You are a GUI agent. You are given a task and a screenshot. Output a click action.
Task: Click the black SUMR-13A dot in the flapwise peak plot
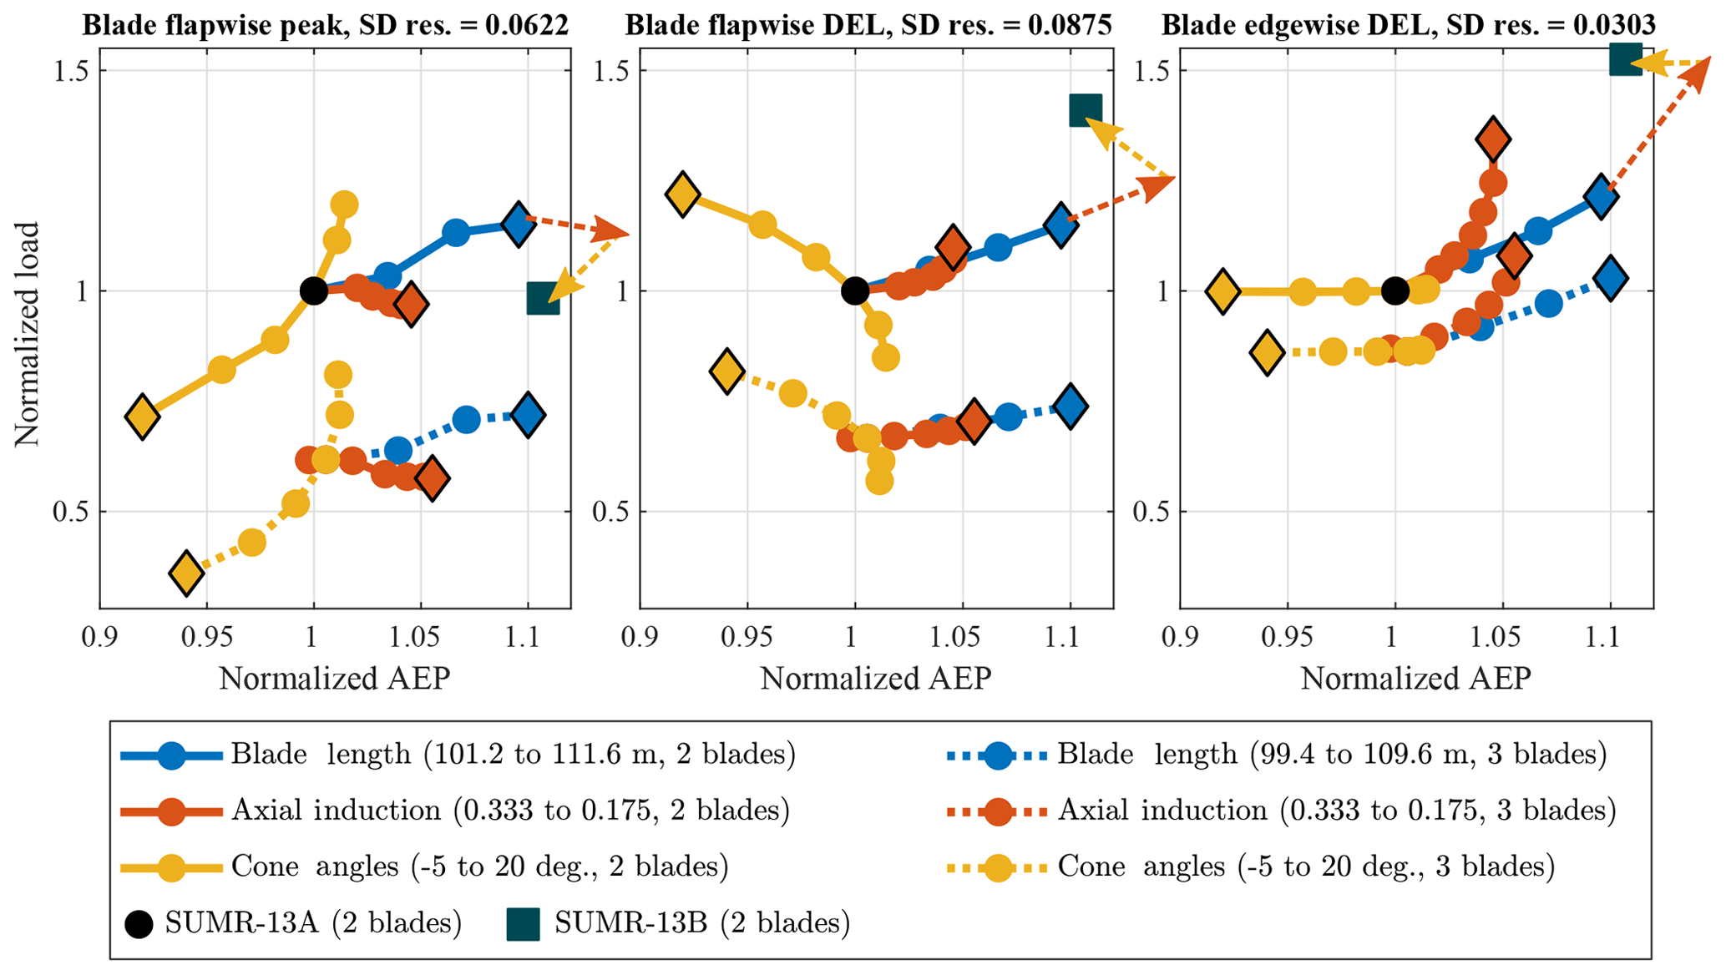click(313, 291)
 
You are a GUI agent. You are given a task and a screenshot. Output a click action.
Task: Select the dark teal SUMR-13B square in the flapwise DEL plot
click(1085, 110)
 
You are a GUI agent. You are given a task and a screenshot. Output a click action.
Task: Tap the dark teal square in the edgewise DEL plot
click(1625, 60)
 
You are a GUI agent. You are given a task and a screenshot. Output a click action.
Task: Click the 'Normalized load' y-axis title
click(27, 334)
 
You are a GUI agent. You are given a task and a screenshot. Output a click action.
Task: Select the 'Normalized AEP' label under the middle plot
click(875, 679)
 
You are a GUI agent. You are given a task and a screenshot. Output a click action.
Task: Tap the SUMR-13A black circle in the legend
click(139, 923)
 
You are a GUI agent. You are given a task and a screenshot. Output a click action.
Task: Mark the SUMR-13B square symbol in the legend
click(523, 924)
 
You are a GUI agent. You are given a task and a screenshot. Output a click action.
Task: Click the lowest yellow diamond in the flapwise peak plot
click(186, 573)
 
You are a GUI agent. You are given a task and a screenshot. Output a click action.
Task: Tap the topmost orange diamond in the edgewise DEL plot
click(1492, 139)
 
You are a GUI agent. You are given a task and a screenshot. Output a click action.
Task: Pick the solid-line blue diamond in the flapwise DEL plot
click(1060, 225)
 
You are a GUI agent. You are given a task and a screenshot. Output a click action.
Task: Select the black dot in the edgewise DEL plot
click(1394, 291)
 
